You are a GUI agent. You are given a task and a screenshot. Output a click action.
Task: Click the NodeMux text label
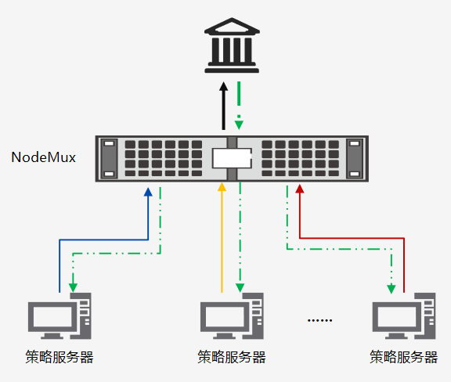43,157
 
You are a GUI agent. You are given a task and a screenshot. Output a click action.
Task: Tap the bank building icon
232,45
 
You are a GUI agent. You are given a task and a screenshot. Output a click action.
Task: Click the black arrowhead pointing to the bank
223,87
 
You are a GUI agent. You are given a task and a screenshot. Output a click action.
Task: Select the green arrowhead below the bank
239,124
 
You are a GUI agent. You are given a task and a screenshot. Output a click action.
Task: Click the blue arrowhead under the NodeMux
148,192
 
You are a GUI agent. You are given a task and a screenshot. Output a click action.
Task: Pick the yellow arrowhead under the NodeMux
222,186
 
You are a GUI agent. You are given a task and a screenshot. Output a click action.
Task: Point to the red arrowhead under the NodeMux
300,189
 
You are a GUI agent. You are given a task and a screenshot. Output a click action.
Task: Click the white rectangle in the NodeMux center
232,158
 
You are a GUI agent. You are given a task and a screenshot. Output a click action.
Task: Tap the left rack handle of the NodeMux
109,158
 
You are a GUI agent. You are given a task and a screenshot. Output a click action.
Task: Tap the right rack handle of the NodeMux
355,158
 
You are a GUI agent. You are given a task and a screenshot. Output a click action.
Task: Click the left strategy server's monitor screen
52,316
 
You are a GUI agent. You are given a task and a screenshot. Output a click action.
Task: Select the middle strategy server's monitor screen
225,316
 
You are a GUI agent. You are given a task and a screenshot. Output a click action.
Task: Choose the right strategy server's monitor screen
397,316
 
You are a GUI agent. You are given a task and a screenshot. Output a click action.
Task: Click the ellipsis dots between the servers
319,320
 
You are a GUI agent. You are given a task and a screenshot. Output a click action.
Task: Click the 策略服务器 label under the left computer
60,357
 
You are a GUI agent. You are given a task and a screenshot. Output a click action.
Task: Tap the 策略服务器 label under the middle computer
232,357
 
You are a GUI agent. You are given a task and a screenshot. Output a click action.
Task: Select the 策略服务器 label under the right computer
404,357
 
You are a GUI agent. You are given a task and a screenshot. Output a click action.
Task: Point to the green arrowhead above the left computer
73,287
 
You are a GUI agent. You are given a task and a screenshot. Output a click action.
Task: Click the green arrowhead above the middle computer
240,287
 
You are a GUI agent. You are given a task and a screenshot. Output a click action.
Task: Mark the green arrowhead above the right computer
391,289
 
